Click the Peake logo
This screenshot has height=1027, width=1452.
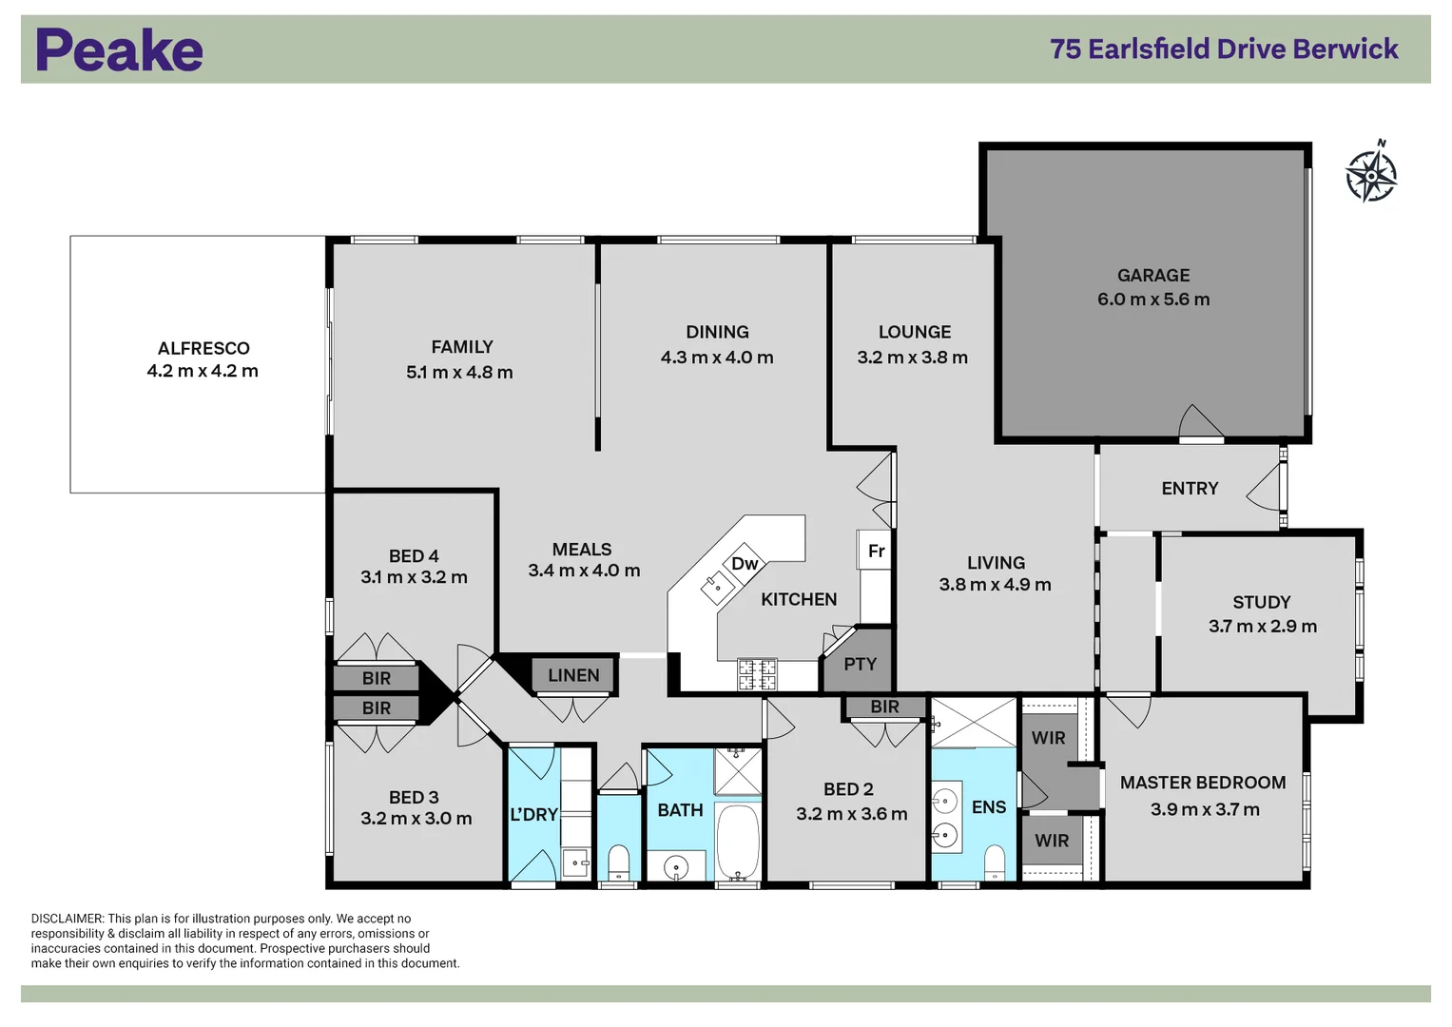point(120,50)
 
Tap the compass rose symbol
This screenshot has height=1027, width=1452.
point(1371,174)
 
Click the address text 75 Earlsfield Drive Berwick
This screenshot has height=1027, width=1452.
point(1224,49)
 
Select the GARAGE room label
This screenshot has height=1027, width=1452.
point(1153,276)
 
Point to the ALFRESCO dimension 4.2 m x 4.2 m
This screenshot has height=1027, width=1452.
point(203,372)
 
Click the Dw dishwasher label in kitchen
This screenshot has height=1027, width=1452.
point(745,564)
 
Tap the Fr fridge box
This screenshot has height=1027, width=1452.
point(876,552)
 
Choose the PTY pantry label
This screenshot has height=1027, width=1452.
point(860,665)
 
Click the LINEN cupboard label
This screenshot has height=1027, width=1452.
point(573,676)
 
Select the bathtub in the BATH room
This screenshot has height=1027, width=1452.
point(738,843)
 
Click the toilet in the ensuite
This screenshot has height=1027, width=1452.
point(994,862)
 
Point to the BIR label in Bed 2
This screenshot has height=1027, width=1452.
point(884,707)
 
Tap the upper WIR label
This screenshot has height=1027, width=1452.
point(1048,738)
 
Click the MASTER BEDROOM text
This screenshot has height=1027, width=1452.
point(1203,783)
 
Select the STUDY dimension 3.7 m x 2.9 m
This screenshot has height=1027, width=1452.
point(1262,627)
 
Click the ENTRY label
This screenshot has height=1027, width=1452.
point(1190,489)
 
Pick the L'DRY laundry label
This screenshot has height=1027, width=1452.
point(533,815)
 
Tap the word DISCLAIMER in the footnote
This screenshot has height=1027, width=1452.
point(68,919)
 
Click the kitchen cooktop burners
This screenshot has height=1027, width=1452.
point(758,674)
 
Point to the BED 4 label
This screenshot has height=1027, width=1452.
point(414,556)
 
